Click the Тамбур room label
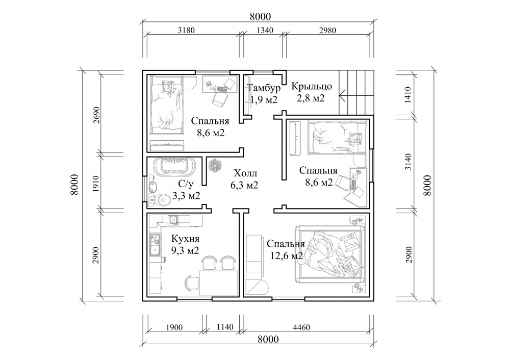tap(264, 88)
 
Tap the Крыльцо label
tap(312, 86)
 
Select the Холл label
tap(245, 173)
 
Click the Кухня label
tap(185, 239)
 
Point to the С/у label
tap(186, 185)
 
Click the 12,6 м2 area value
tap(287, 255)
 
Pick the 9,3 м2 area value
tap(185, 250)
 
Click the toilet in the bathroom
tap(159, 199)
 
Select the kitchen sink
tap(155, 245)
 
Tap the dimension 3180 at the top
tap(186, 30)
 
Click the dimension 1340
tap(265, 30)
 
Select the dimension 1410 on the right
tap(409, 95)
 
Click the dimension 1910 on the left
tap(95, 184)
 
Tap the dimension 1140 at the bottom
tap(225, 327)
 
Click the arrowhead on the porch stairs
tap(342, 96)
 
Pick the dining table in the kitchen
tap(219, 282)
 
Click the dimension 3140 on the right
tap(409, 162)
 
